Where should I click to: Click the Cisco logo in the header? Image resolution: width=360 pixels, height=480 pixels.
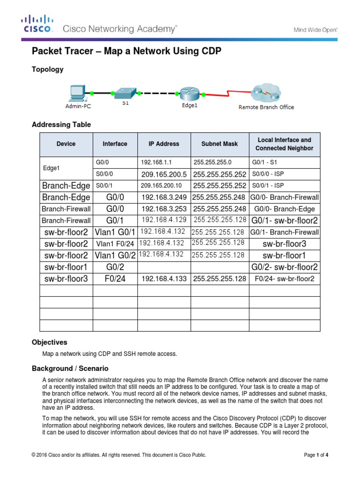37,24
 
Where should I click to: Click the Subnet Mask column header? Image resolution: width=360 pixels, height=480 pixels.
219,144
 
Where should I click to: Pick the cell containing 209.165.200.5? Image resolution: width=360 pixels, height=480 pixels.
164,174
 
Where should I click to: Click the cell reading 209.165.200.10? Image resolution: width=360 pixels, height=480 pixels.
160,185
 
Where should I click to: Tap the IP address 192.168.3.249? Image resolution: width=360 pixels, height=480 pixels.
164,197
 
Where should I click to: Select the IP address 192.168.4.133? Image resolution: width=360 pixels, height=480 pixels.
164,279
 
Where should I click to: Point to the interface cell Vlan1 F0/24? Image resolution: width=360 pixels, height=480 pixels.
115,244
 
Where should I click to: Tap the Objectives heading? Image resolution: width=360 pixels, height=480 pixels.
49,343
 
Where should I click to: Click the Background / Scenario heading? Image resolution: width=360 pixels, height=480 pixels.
70,368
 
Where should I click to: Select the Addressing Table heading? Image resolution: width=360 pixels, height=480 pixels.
61,125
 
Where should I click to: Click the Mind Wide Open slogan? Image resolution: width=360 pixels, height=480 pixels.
315,29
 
